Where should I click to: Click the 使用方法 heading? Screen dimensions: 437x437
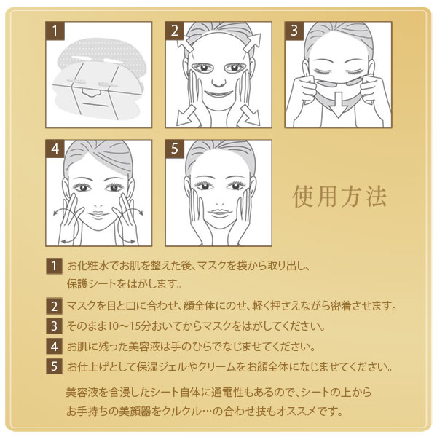coord(339,196)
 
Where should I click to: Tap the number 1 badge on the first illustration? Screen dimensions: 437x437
coord(55,31)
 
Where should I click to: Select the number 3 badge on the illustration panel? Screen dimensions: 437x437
coord(294,31)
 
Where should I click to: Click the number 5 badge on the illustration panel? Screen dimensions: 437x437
coord(175,149)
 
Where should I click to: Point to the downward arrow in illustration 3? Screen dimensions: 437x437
coord(338,104)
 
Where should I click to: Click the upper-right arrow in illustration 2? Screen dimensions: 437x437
coord(252,42)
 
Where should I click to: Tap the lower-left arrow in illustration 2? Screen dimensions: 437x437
coord(186,117)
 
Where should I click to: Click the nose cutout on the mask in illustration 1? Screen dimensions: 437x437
coord(90,92)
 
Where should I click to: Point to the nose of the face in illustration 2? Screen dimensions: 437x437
coord(219,82)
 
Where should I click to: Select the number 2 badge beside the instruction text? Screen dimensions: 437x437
coord(54,307)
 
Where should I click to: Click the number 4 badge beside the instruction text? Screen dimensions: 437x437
coord(54,347)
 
